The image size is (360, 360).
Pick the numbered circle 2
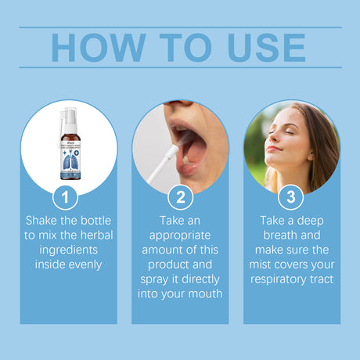pyautogui.click(x=180, y=196)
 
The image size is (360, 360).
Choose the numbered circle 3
pyautogui.click(x=291, y=196)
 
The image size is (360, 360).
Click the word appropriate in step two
pyautogui.click(x=180, y=236)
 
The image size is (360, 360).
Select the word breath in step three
pyautogui.click(x=274, y=236)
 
